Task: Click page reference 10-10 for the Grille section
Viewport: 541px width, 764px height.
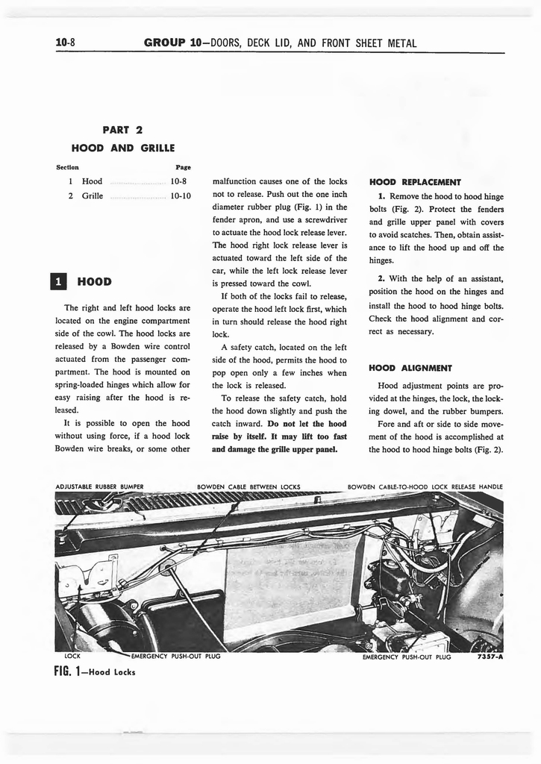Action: [181, 196]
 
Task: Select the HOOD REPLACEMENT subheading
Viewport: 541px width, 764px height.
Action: [416, 181]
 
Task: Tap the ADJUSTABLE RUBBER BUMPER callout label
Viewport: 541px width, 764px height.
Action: [99, 487]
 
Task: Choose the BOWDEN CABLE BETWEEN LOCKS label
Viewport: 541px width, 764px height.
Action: [248, 487]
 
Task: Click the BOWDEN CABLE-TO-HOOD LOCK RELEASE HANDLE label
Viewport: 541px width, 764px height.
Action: [425, 487]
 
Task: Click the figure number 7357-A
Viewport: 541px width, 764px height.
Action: [489, 657]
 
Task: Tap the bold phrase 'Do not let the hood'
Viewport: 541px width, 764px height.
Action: [307, 424]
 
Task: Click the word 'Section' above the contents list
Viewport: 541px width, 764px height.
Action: [68, 167]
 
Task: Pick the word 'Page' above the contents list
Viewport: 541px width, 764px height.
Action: [184, 167]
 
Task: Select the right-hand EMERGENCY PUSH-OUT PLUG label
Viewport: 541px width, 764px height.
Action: [407, 657]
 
